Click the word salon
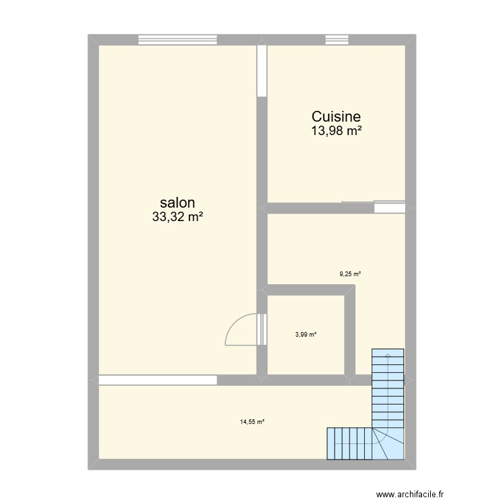click(x=177, y=203)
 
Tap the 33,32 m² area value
click(x=177, y=217)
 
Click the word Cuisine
click(x=336, y=117)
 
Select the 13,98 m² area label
click(x=336, y=131)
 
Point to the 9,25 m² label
click(x=349, y=274)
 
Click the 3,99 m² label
click(x=306, y=335)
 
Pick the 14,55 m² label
click(x=252, y=422)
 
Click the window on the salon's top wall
click(x=178, y=40)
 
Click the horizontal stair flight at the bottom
click(x=349, y=444)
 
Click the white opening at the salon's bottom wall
click(x=158, y=380)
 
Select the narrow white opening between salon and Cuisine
click(x=262, y=71)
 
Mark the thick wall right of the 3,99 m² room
click(x=349, y=333)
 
